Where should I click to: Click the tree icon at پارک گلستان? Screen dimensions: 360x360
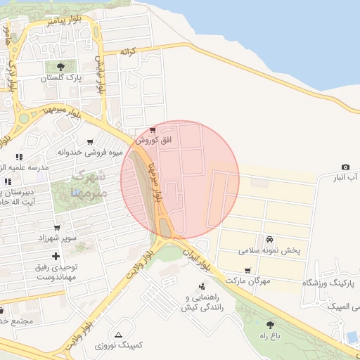click(x=60, y=67)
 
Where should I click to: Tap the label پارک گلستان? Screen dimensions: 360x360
click(x=60, y=79)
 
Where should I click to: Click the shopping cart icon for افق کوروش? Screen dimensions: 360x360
click(x=153, y=131)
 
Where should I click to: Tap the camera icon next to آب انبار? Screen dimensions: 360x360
click(x=345, y=167)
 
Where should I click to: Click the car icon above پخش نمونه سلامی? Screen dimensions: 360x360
click(x=269, y=239)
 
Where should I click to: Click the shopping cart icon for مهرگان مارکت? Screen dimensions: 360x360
click(x=247, y=270)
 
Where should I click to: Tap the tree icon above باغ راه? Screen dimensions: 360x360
click(x=270, y=325)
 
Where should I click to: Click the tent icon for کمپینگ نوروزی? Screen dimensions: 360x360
click(x=118, y=335)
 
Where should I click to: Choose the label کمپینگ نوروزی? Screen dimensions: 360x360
click(x=118, y=346)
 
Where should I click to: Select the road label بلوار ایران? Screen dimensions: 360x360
click(x=196, y=259)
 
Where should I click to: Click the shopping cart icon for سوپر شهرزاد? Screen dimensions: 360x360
click(x=56, y=228)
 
